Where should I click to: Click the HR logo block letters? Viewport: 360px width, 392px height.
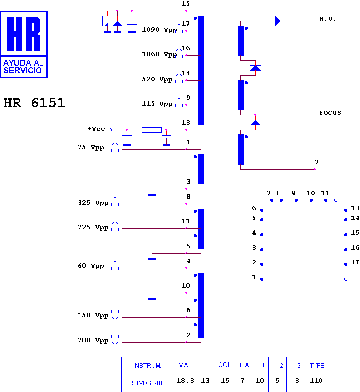coord(24,34)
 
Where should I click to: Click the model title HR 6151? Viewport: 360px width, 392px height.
coord(34,103)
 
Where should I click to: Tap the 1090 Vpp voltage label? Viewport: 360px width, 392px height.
coord(159,30)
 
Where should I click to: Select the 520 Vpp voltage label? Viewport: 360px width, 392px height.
coord(157,79)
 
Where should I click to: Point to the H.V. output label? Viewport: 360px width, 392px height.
coord(327,19)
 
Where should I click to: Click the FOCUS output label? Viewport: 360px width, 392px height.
coord(330,113)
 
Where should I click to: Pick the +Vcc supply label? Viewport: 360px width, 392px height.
coord(96,129)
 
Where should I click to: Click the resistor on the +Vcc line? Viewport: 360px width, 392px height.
coord(152,130)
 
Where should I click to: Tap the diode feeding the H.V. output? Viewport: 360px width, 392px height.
coord(278,21)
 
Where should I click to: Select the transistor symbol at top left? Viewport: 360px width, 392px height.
coord(105,21)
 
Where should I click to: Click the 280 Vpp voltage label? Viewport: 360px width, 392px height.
coord(93,340)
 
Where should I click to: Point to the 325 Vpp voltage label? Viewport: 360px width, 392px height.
coord(93,203)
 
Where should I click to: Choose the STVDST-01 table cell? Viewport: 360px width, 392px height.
coord(147,383)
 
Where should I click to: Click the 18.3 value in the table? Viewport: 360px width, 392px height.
coord(185,381)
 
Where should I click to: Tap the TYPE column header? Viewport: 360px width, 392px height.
coord(317,365)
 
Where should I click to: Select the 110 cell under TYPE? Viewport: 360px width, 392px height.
coord(316,381)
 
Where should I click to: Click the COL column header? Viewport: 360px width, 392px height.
coord(225,365)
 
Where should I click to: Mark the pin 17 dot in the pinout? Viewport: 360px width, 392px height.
coord(346,264)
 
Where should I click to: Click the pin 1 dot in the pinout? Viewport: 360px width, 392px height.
coord(262,279)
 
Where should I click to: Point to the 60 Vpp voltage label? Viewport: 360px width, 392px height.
coord(91,266)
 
